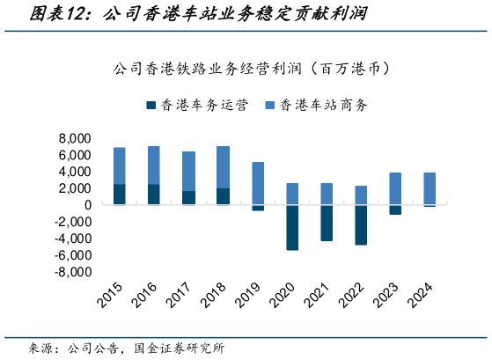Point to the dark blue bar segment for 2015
pyautogui.click(x=119, y=195)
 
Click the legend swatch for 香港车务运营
pyautogui.click(x=151, y=105)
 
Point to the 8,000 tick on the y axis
pyautogui.click(x=75, y=139)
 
